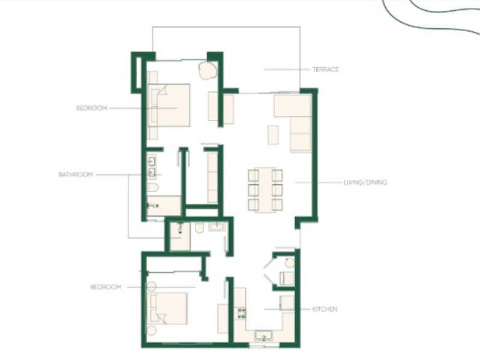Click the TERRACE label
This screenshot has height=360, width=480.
click(325, 70)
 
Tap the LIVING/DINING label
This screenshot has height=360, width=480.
click(365, 182)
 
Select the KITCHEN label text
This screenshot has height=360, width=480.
click(325, 309)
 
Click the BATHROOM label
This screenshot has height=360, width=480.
click(76, 175)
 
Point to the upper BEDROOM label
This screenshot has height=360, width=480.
click(92, 108)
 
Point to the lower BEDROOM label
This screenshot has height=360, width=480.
click(106, 287)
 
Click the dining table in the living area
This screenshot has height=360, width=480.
click(265, 190)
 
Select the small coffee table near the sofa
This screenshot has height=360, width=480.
click(273, 134)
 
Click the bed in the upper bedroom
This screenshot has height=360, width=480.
click(169, 106)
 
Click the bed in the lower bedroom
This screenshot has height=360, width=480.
click(167, 308)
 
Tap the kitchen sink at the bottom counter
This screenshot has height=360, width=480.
click(264, 335)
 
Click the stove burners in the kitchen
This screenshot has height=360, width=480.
click(242, 313)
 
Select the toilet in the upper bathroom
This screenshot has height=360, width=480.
click(153, 187)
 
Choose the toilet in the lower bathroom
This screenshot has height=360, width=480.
click(199, 227)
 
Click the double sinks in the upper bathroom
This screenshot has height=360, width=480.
click(152, 167)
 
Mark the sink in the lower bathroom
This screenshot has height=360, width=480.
click(217, 227)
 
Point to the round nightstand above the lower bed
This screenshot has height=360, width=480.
click(152, 287)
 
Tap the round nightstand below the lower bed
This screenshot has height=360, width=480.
click(151, 331)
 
